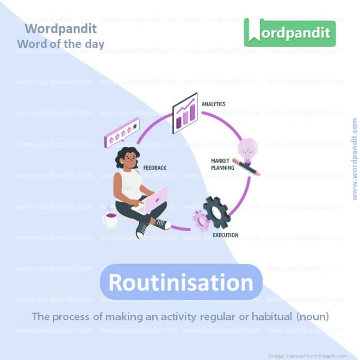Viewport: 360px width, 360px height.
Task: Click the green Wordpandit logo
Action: pyautogui.click(x=290, y=33)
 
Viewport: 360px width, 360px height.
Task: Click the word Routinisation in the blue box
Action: pyautogui.click(x=181, y=282)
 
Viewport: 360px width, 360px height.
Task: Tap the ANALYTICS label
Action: pyautogui.click(x=213, y=103)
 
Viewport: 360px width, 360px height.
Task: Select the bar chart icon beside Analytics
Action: pyautogui.click(x=185, y=113)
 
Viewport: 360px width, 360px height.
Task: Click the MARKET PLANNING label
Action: pyautogui.click(x=222, y=164)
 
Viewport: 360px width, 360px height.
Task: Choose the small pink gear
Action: pyautogui.click(x=201, y=221)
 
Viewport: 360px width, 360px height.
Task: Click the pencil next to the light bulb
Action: pyautogui.click(x=246, y=166)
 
